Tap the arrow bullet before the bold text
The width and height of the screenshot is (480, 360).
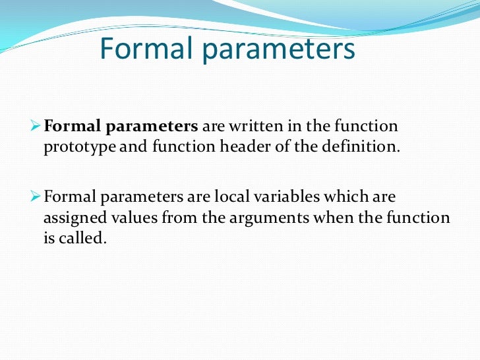coord(37,125)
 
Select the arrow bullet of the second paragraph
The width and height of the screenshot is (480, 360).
coord(37,197)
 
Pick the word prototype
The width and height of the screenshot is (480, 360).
coord(80,147)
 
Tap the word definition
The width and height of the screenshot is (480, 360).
coord(364,146)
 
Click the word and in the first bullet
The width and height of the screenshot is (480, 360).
coord(134,146)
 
